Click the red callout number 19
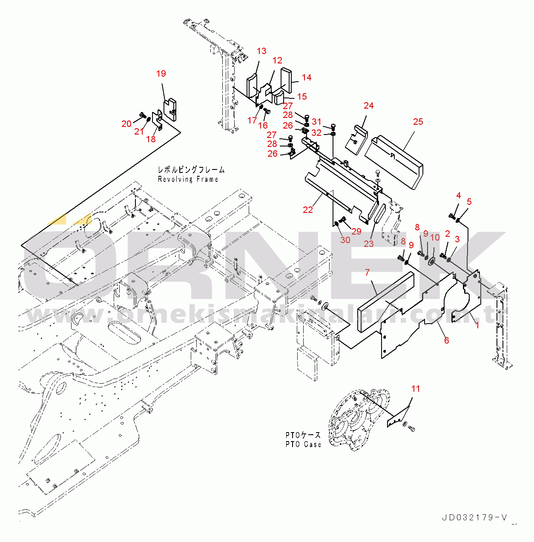(x=161, y=74)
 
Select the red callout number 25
(x=418, y=122)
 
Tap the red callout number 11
(x=416, y=389)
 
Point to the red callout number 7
(x=367, y=272)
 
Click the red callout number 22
(x=308, y=209)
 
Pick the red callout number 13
(x=261, y=51)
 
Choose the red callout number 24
(x=369, y=106)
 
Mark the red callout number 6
(x=446, y=340)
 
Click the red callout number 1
(x=477, y=325)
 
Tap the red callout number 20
(x=126, y=123)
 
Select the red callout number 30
(x=345, y=240)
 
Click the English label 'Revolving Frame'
(x=188, y=179)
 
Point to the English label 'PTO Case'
(x=303, y=444)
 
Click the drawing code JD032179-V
(x=474, y=518)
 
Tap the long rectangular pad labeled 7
(x=385, y=302)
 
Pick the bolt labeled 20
(x=142, y=115)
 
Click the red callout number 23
(x=368, y=244)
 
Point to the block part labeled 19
(x=171, y=108)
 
